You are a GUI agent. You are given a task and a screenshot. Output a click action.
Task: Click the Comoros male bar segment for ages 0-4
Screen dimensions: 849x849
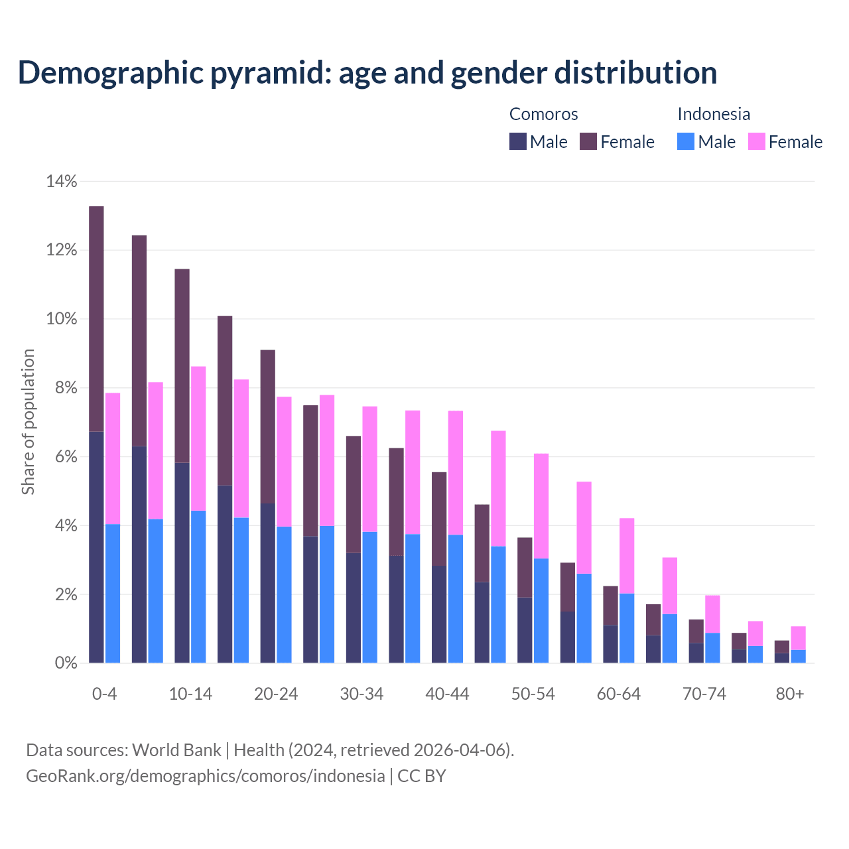click(x=96, y=547)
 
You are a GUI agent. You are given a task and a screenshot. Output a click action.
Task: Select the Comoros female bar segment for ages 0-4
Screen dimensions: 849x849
click(x=96, y=319)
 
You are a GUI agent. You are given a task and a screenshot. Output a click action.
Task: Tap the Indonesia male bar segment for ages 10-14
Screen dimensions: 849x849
click(x=198, y=586)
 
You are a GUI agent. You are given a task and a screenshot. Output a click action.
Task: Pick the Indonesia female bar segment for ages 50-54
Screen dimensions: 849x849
click(x=541, y=506)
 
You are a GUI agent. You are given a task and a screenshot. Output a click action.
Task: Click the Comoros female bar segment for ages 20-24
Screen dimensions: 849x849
click(x=268, y=426)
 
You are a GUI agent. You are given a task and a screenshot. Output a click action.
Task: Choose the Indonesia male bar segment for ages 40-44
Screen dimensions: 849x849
click(x=456, y=598)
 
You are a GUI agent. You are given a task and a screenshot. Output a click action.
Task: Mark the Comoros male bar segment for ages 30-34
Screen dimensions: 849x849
click(x=354, y=608)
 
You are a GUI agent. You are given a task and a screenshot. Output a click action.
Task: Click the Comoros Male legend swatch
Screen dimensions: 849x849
click(x=518, y=141)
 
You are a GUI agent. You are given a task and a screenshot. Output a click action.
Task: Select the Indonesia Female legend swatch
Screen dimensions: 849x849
click(x=757, y=141)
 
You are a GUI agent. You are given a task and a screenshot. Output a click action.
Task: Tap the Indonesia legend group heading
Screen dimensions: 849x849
click(x=714, y=114)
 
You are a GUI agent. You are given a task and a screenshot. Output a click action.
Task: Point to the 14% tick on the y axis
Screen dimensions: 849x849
click(x=62, y=181)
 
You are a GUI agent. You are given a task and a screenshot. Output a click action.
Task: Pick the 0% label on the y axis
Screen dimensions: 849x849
click(x=65, y=663)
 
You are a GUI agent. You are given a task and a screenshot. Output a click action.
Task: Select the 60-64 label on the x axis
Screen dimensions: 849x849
click(x=619, y=694)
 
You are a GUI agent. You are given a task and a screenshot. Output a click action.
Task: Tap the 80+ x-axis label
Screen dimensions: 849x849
click(x=790, y=694)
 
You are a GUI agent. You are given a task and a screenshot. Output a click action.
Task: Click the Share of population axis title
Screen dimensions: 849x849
click(x=29, y=422)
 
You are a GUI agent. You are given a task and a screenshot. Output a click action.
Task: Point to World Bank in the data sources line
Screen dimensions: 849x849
click(x=176, y=750)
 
